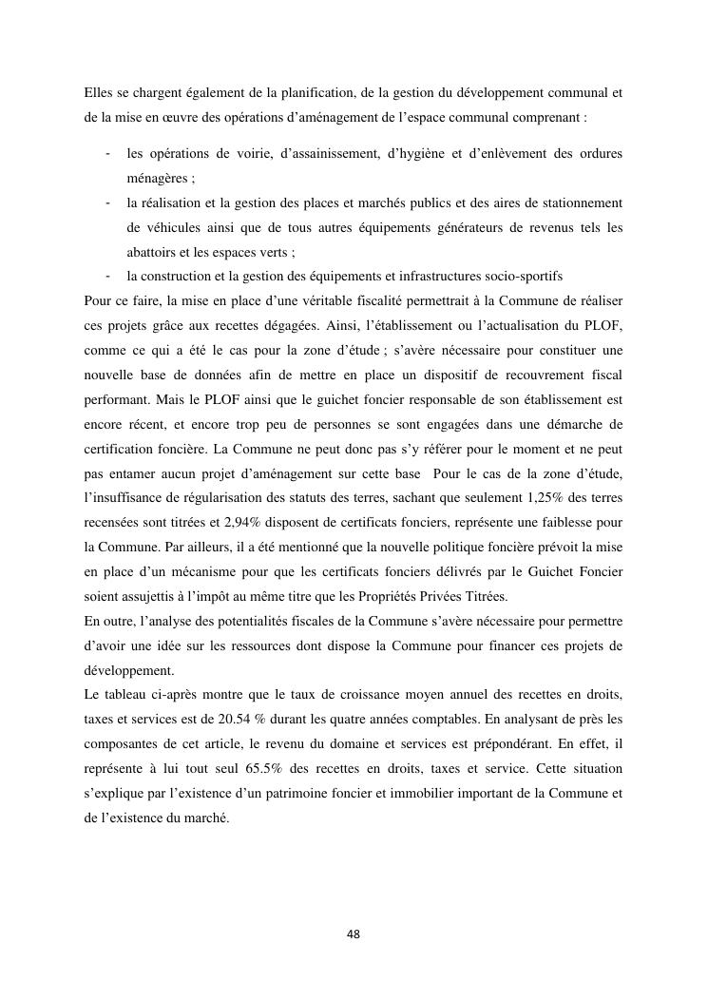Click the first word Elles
coord(99,93)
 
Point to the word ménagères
coord(158,178)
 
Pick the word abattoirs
coord(153,252)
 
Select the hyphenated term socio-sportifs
coord(524,277)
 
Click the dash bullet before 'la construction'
coord(110,277)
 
